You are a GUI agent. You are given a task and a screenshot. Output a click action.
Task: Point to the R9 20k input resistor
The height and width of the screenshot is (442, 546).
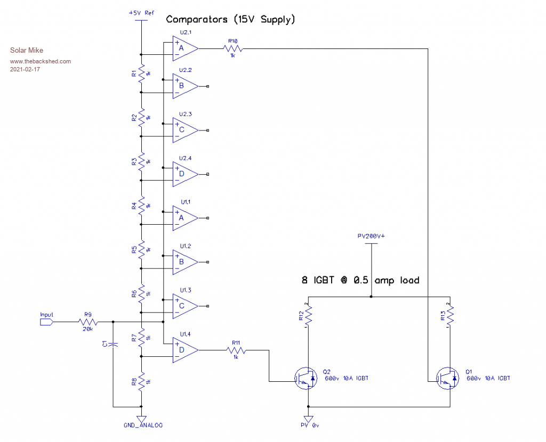[88, 322]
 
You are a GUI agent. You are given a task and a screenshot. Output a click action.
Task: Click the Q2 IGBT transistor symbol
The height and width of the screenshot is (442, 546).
[305, 378]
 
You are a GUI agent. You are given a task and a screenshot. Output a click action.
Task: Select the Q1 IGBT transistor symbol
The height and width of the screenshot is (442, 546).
[447, 378]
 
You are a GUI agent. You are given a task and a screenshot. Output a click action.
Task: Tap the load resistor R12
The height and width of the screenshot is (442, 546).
[309, 318]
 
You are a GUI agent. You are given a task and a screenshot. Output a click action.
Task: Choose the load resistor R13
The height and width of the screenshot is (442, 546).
[451, 318]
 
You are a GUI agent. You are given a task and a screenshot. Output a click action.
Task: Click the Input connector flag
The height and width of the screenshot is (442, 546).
[47, 322]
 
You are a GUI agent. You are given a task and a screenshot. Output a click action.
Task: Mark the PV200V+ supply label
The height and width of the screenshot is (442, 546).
[371, 235]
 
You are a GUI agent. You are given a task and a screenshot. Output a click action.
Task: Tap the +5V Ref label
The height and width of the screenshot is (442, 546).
[141, 12]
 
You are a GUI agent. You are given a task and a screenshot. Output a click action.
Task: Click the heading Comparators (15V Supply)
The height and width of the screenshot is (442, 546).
[230, 20]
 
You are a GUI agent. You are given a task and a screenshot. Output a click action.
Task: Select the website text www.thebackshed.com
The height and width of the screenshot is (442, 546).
[40, 61]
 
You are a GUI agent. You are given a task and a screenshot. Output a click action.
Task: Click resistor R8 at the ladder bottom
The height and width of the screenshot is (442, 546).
[141, 382]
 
